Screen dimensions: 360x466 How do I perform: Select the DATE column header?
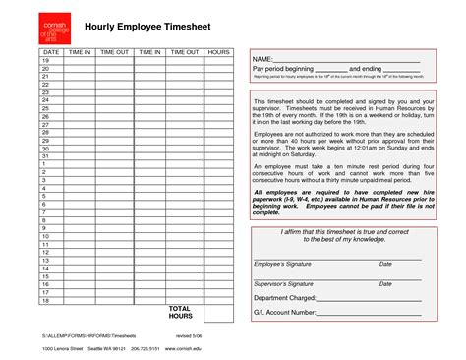point(51,50)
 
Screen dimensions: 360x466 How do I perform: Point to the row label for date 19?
point(45,60)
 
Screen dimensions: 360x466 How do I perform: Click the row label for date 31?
point(45,155)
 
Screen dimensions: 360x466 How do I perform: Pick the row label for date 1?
point(45,164)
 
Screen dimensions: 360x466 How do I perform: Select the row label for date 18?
point(45,300)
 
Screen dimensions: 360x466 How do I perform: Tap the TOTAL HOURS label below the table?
point(180,313)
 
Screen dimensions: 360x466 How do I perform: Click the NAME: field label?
point(266,60)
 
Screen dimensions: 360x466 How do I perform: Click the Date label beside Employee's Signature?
point(385,265)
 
